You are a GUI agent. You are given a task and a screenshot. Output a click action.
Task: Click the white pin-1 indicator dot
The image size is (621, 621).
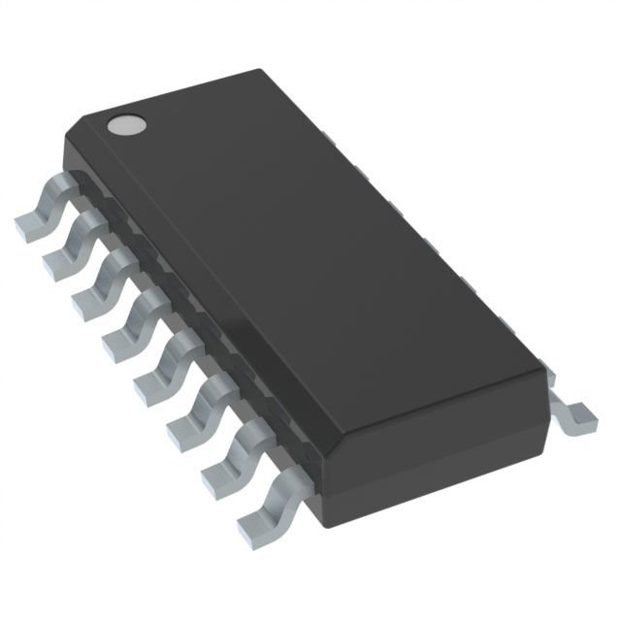[x=125, y=124]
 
